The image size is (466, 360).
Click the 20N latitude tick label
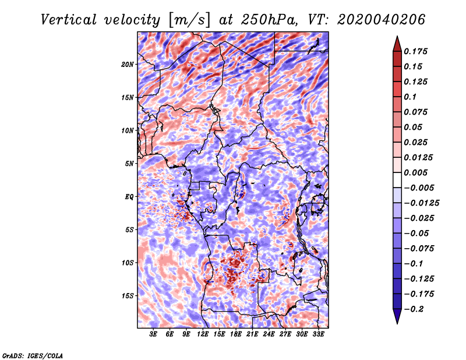[128, 64]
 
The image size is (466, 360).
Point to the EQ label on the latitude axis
[129, 197]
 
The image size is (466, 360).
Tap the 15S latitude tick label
[128, 296]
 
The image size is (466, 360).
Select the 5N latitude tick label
[129, 164]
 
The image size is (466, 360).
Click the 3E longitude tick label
[153, 334]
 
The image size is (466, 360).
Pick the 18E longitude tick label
[236, 334]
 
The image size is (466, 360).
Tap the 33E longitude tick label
[318, 334]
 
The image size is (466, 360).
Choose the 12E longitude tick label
[203, 334]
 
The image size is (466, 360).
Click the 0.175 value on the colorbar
[416, 51]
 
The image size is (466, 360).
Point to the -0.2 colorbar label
[414, 309]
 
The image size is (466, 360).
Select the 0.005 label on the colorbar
[416, 172]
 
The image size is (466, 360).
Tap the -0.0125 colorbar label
[422, 203]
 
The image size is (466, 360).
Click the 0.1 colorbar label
[410, 97]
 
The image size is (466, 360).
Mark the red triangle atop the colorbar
[397, 44]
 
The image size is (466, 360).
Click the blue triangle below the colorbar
[397, 316]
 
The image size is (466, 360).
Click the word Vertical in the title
[69, 20]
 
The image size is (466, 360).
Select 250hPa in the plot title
[269, 20]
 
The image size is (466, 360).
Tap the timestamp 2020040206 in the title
[382, 20]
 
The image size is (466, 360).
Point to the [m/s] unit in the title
[189, 20]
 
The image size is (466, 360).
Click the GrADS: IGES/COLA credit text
[33, 355]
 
